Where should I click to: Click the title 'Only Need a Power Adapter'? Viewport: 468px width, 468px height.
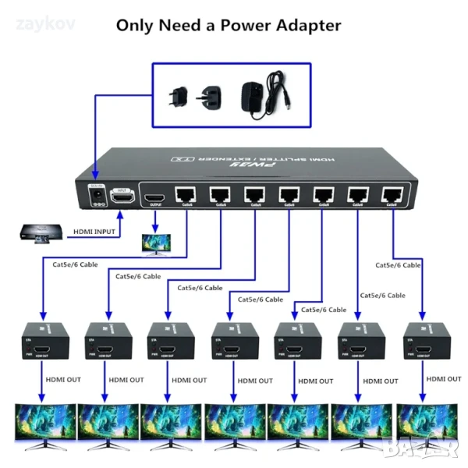(x=229, y=25)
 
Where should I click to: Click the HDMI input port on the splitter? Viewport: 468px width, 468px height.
(x=122, y=197)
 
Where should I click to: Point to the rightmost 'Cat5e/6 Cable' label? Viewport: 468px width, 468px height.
(x=398, y=265)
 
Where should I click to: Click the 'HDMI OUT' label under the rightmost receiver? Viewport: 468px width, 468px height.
(x=445, y=378)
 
